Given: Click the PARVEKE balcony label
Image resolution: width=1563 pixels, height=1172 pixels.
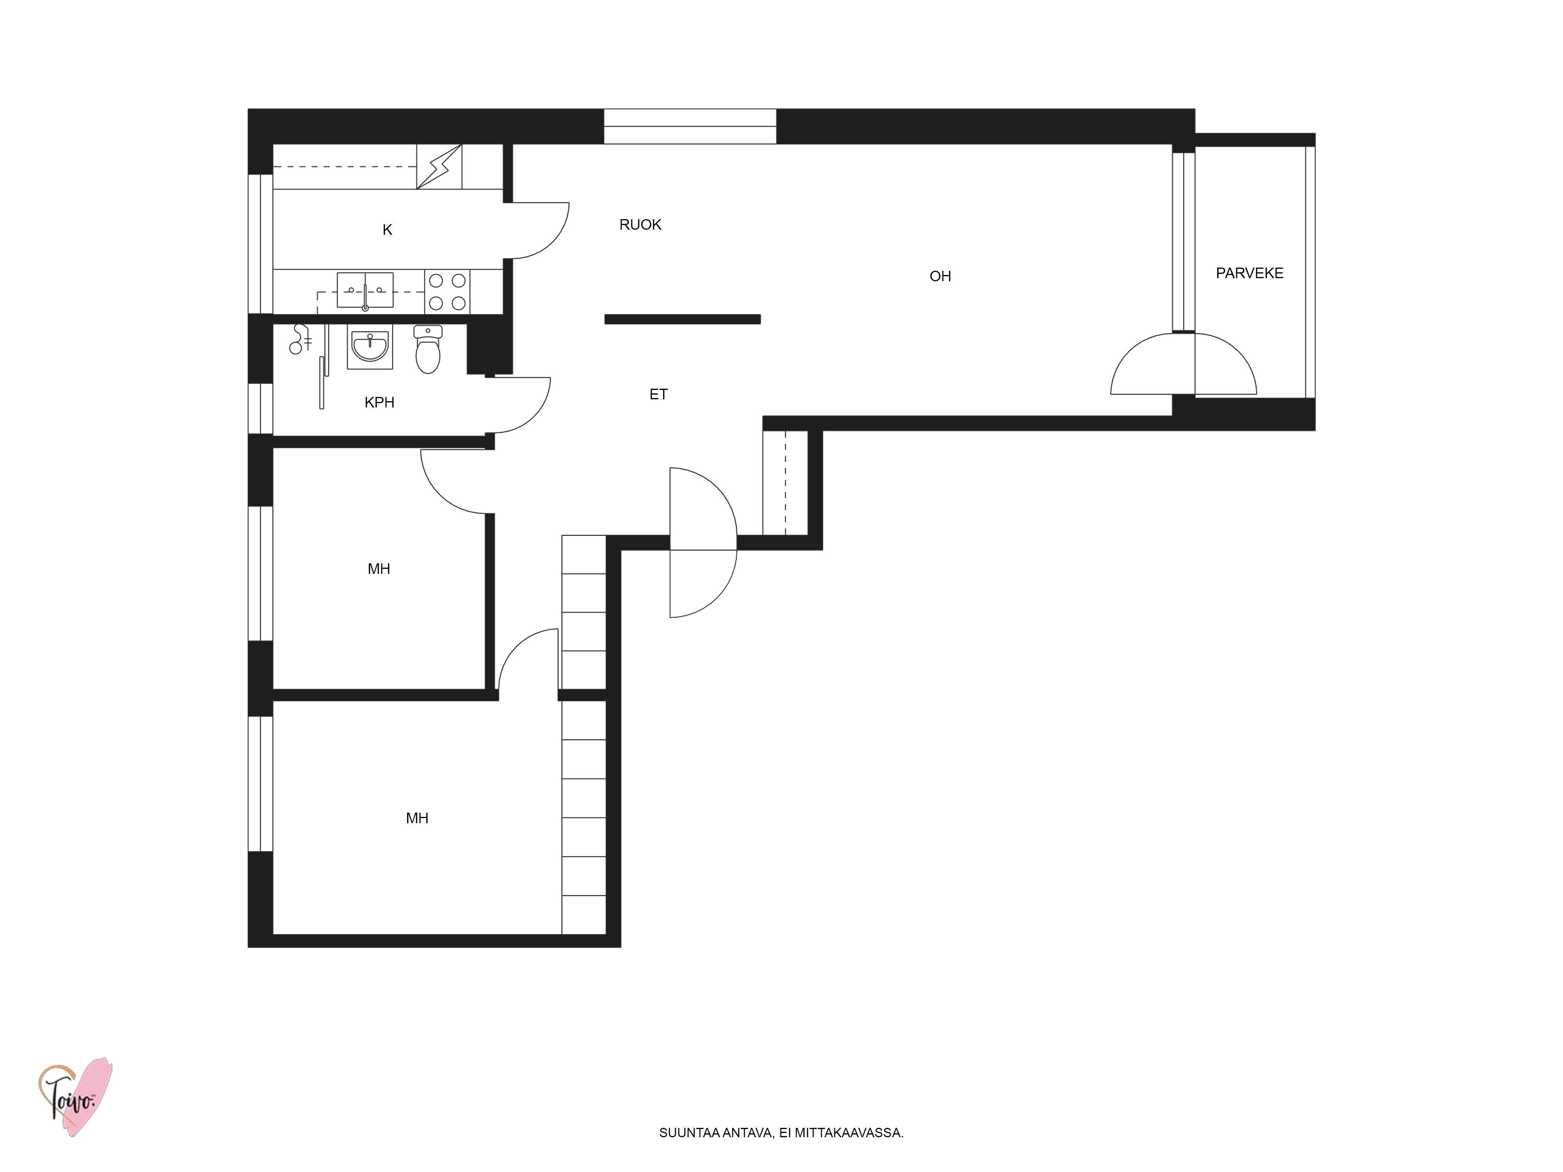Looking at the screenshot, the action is pyautogui.click(x=1249, y=273).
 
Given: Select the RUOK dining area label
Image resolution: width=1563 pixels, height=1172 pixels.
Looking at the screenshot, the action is pyautogui.click(x=640, y=225).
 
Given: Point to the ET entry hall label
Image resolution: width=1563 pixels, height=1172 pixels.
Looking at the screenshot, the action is pyautogui.click(x=658, y=394).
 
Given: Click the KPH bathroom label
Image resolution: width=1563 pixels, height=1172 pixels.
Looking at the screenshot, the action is pyautogui.click(x=379, y=403).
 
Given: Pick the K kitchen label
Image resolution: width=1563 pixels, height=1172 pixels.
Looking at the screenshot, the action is pyautogui.click(x=387, y=230).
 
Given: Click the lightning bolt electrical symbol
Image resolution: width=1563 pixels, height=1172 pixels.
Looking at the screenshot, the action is pyautogui.click(x=439, y=167).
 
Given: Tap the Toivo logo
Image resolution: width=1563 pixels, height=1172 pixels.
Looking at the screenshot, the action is pyautogui.click(x=75, y=1097).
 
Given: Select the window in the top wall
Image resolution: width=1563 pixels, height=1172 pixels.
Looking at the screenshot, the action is pyautogui.click(x=690, y=127).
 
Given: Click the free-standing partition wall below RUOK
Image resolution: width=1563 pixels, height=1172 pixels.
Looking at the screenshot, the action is pyautogui.click(x=683, y=319).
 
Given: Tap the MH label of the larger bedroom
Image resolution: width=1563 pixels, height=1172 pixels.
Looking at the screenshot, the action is pyautogui.click(x=417, y=818).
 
